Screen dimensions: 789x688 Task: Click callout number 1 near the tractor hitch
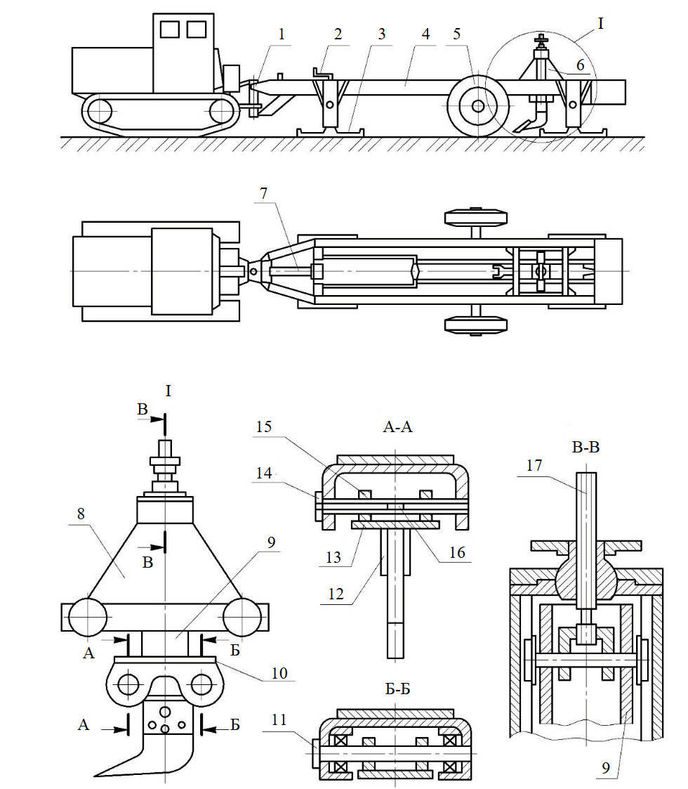[281, 33]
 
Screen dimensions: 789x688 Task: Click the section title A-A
[397, 426]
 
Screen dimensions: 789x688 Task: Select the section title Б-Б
[395, 689]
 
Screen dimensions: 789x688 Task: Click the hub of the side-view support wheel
[477, 106]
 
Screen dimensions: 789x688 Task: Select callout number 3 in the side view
[381, 33]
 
